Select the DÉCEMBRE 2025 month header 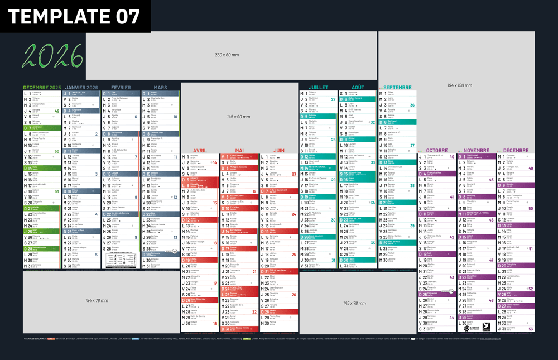pos(42,88)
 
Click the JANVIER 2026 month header pos(81,88)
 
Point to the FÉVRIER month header pos(121,88)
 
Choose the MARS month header pos(160,88)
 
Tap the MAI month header pos(239,151)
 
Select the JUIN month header pos(279,151)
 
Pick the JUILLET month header pos(319,88)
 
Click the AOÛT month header pos(358,88)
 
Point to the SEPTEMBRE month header pos(398,88)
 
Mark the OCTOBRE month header pos(437,151)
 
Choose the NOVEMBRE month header pos(477,151)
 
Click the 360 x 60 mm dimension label pos(227,55)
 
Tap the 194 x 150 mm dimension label pos(459,85)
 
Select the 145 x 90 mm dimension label pos(239,117)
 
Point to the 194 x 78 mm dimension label pos(97,301)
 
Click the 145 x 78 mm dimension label pos(354,303)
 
